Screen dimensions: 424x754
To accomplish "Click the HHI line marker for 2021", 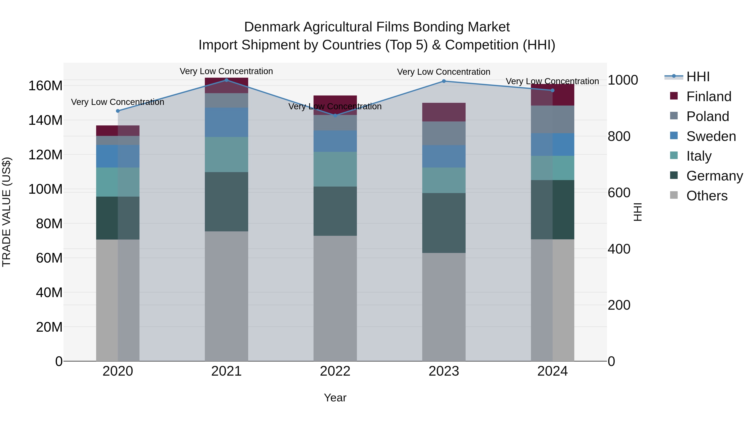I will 226,80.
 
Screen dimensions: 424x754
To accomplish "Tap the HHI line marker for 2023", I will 444,81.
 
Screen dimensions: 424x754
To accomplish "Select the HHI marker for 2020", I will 118,111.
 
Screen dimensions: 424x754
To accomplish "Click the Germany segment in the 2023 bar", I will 444,223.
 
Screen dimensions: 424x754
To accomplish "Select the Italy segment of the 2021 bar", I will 226,155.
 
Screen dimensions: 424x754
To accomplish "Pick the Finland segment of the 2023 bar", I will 444,112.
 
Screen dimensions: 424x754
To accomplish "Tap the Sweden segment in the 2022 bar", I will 335,141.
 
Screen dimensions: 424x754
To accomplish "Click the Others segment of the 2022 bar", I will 335,298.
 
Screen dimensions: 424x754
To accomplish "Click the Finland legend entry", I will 709,97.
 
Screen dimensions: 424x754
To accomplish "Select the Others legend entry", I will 707,196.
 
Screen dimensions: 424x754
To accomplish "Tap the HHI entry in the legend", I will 698,77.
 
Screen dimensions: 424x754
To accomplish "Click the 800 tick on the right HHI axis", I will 619,136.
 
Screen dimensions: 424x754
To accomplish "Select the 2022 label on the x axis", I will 335,371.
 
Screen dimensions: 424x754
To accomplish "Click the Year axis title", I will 335,398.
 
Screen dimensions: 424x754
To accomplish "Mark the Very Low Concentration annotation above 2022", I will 335,107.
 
